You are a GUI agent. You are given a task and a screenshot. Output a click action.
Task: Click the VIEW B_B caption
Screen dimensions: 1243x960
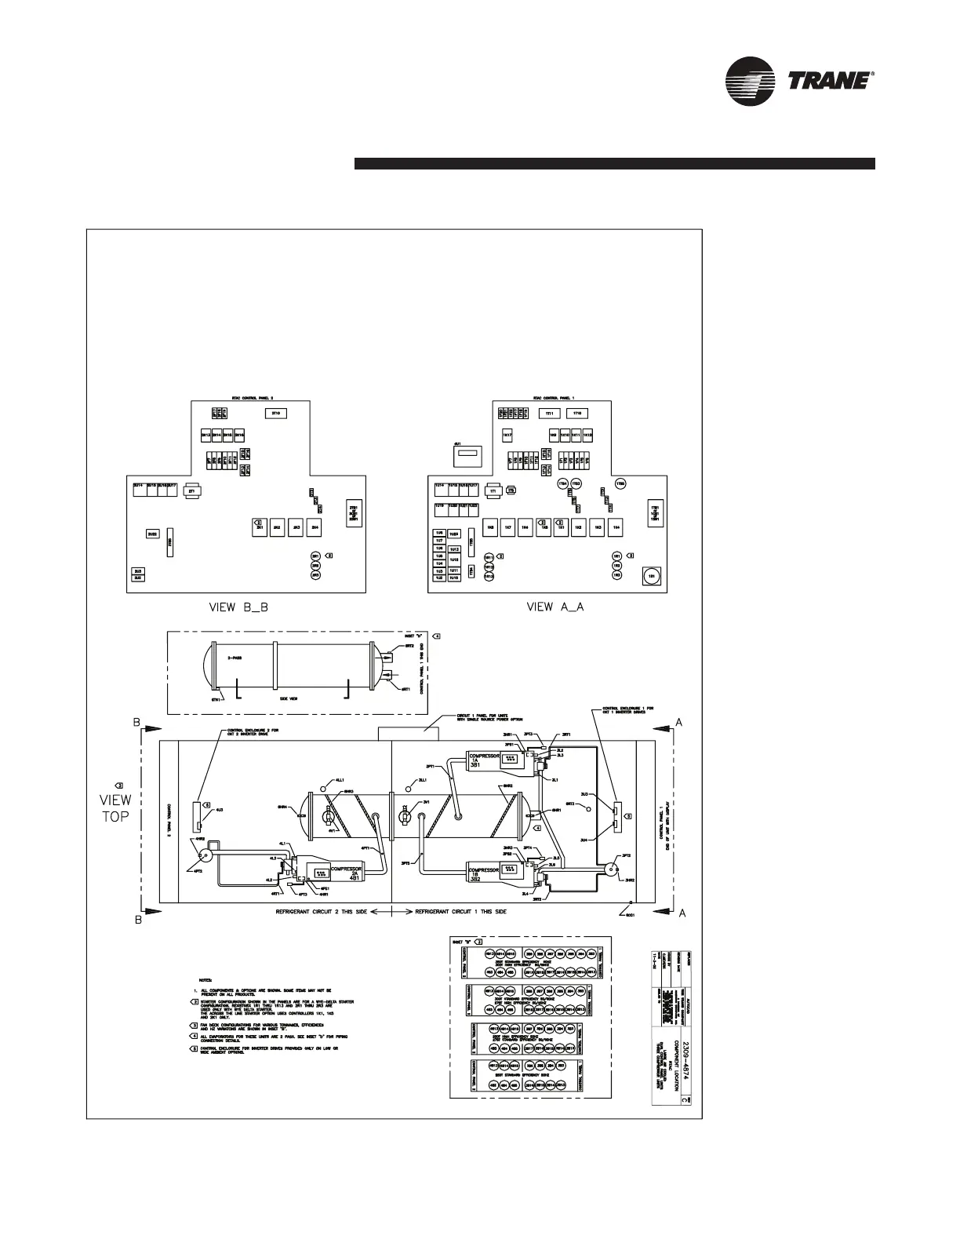(x=235, y=607)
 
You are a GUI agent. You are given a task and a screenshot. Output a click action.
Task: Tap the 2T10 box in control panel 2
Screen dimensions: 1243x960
(x=276, y=413)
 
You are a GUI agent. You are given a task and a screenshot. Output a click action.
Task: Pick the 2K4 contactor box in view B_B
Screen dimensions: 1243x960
(x=315, y=529)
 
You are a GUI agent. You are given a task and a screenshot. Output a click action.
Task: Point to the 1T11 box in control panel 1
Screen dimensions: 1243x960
(x=550, y=414)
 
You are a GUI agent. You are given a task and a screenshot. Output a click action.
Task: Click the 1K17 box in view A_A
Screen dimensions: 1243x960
(x=507, y=435)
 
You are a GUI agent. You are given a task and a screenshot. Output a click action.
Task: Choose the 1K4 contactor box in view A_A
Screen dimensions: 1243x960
(x=617, y=528)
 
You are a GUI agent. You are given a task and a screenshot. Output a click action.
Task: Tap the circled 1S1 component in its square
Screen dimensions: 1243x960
(x=651, y=577)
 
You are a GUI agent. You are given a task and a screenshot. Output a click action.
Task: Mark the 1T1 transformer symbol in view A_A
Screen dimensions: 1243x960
(x=493, y=490)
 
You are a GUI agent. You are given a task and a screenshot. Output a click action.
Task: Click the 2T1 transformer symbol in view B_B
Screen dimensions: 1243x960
(x=191, y=491)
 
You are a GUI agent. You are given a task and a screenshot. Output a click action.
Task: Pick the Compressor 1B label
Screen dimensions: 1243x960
(x=485, y=874)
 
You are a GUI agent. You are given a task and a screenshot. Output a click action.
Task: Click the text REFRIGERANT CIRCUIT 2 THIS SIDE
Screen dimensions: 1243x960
(x=321, y=913)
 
